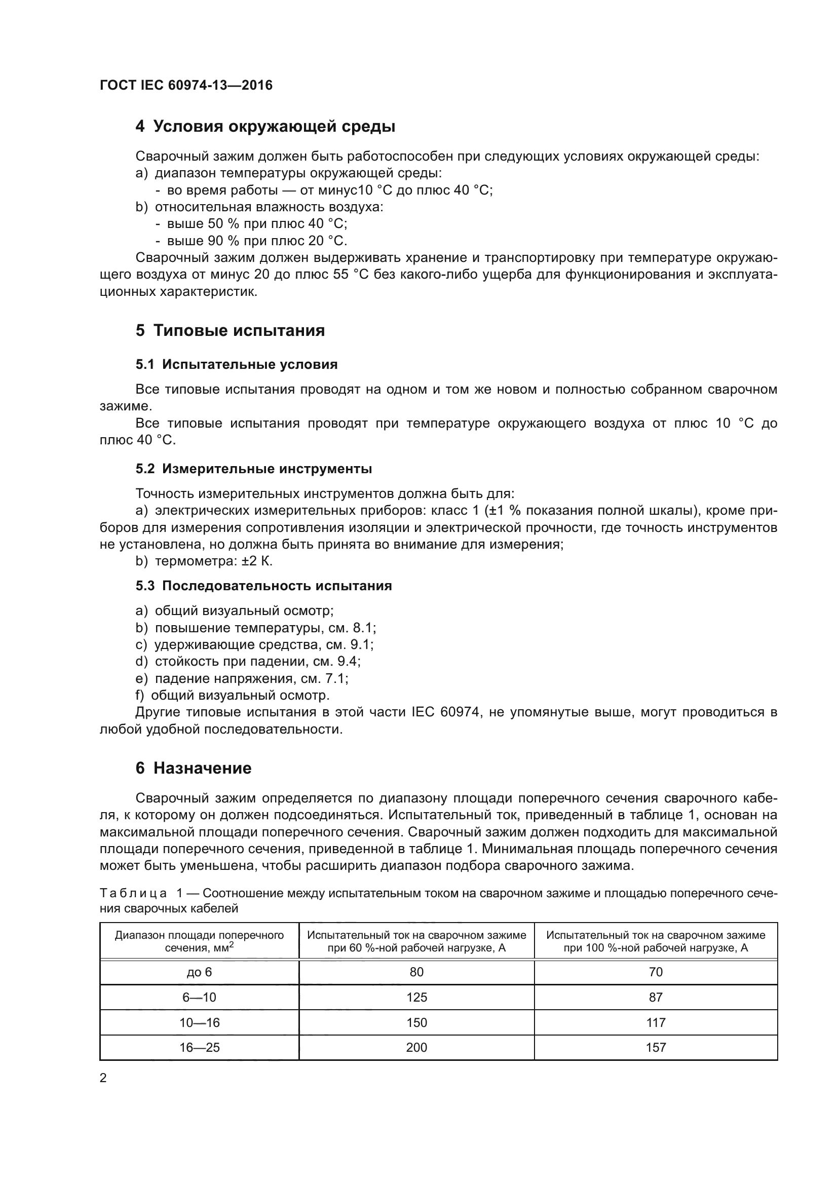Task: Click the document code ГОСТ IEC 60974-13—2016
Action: click(x=186, y=85)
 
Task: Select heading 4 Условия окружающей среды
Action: click(x=265, y=127)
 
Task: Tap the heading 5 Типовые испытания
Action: click(x=230, y=330)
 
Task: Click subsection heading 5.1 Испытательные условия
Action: click(x=236, y=364)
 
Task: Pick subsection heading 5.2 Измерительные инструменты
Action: click(x=253, y=469)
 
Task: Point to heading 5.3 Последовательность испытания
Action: click(x=263, y=586)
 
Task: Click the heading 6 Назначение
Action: click(x=194, y=768)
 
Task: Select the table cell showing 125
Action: click(x=416, y=997)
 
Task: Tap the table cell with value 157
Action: click(x=655, y=1047)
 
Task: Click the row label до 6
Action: click(x=199, y=972)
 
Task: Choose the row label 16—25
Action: click(x=199, y=1047)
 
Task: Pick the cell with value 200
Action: click(x=416, y=1047)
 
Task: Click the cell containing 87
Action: click(x=655, y=997)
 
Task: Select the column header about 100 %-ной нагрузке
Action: click(x=655, y=941)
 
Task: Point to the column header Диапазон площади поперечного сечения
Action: click(x=199, y=941)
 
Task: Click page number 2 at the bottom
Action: click(x=103, y=1078)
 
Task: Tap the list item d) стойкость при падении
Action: click(x=248, y=661)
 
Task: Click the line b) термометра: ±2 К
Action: click(x=204, y=561)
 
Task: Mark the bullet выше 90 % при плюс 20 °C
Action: click(x=256, y=241)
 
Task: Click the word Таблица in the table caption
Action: click(x=133, y=893)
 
